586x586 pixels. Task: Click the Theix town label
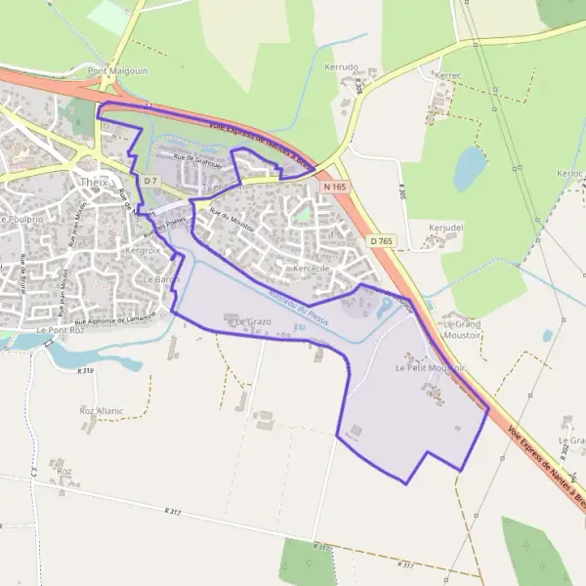(95, 181)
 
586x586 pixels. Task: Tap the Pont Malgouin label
(109, 70)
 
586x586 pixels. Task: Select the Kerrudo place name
(341, 67)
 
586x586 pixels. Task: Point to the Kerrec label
(449, 75)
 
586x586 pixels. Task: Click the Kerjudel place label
(445, 227)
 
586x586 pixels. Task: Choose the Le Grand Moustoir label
(463, 328)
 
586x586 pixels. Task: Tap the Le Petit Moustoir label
(430, 368)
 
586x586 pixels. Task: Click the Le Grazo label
(253, 321)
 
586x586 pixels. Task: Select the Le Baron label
(162, 279)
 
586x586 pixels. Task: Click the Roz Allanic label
(102, 411)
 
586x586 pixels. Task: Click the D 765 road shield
(381, 239)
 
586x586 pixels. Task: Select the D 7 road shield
(149, 181)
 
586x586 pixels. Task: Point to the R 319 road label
(86, 371)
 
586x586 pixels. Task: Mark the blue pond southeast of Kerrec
(470, 168)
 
